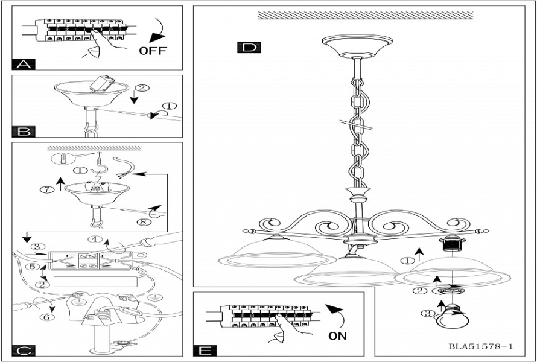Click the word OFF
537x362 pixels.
point(152,51)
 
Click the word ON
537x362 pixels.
point(338,336)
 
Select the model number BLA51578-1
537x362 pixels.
point(480,347)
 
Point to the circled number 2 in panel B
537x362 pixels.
point(139,88)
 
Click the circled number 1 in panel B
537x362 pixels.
point(171,106)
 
